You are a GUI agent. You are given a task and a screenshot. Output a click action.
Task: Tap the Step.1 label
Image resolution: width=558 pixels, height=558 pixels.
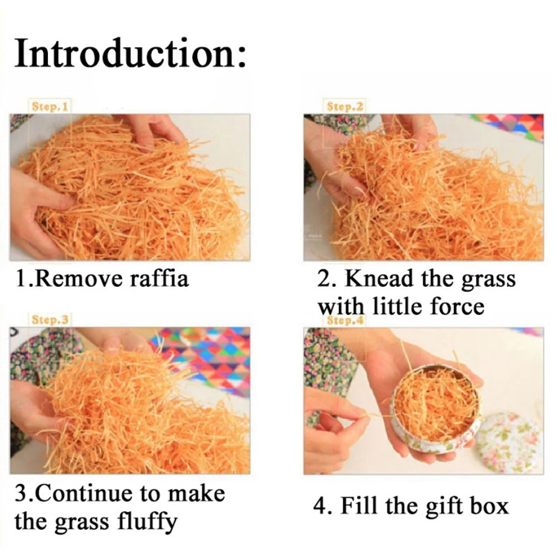[50, 107]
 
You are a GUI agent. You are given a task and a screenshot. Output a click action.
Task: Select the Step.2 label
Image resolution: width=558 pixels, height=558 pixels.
[345, 107]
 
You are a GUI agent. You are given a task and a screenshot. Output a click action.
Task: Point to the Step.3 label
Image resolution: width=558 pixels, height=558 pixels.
[50, 319]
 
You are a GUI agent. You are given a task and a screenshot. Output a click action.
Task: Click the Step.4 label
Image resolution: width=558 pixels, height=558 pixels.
[345, 321]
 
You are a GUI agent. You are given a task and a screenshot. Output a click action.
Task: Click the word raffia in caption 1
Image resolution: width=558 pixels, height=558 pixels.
[159, 278]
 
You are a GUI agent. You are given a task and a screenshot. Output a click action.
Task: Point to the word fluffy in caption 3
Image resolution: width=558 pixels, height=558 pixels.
[147, 522]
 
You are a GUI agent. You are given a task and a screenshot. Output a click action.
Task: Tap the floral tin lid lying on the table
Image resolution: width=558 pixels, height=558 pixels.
[510, 442]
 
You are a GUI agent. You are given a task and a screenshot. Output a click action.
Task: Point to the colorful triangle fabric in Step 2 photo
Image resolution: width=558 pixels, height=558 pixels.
[510, 126]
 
